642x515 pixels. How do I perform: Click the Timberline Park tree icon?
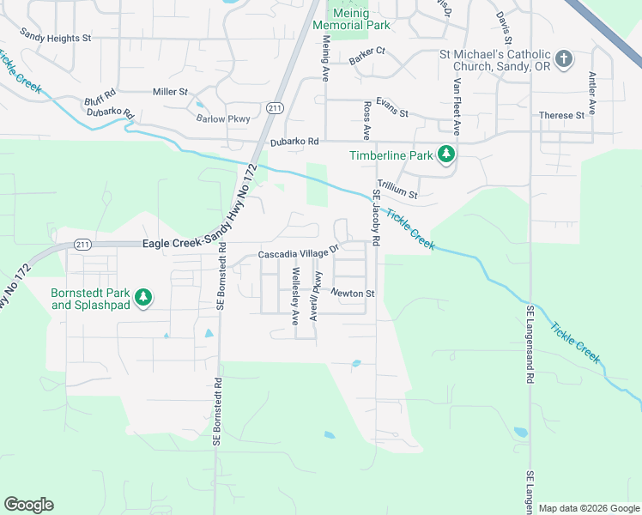tap(445, 155)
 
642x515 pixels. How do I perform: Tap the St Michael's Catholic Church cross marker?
tap(563, 59)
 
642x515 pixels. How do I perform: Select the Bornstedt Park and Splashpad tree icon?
tap(145, 298)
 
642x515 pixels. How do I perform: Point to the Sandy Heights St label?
tap(56, 38)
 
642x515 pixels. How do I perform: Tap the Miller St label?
tap(170, 92)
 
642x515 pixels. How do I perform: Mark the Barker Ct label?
tap(367, 51)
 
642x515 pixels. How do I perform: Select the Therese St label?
tap(561, 115)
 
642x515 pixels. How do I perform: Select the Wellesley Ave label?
tap(295, 295)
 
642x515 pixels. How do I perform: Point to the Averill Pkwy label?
tap(316, 295)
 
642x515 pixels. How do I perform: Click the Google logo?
tap(28, 505)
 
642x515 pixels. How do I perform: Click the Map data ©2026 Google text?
tap(588, 508)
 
